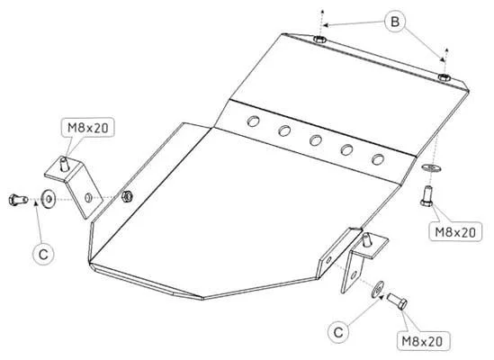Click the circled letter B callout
click(x=395, y=22)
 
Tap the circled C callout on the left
click(x=43, y=254)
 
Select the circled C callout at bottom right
click(x=338, y=332)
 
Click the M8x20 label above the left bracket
click(x=88, y=128)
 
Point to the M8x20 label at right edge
click(x=455, y=232)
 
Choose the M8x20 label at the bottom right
click(x=423, y=341)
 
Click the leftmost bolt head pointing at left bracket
click(x=18, y=200)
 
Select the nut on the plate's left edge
click(x=127, y=196)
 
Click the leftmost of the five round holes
click(x=253, y=121)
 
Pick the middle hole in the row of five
click(x=315, y=140)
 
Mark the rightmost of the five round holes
click(x=377, y=159)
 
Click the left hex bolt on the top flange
click(x=319, y=40)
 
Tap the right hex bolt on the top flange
click(x=445, y=76)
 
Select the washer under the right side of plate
click(x=431, y=167)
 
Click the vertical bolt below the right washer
click(x=427, y=196)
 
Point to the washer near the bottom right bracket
click(x=377, y=288)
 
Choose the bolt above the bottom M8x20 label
click(x=397, y=301)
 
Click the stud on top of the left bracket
click(x=64, y=164)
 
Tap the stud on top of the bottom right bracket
click(x=365, y=240)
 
